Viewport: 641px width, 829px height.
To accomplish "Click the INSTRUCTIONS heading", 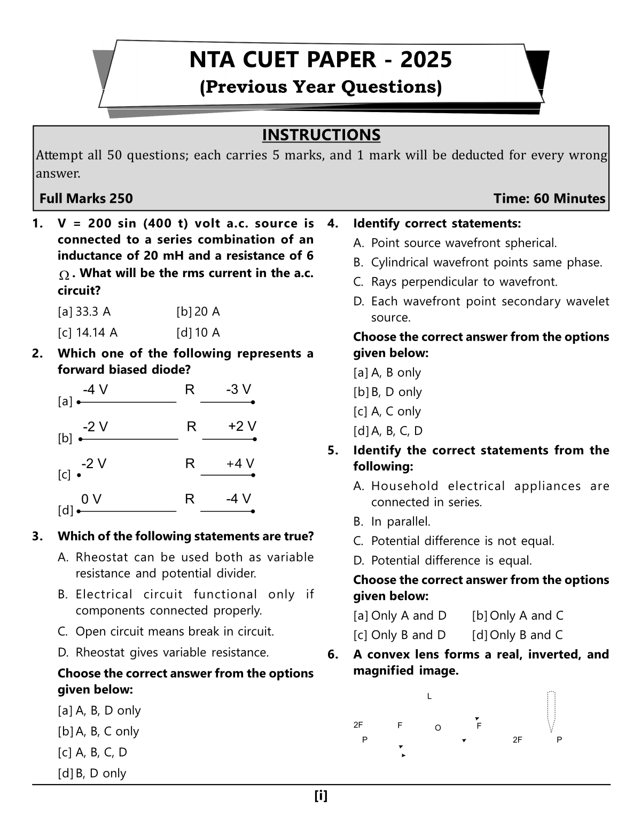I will click(321, 135).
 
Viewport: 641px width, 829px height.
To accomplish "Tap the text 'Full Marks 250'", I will click(86, 199).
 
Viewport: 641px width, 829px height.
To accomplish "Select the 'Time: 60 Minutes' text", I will click(549, 199).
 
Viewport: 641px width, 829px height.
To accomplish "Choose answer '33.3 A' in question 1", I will click(93, 312).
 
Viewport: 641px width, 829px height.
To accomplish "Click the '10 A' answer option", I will click(207, 333).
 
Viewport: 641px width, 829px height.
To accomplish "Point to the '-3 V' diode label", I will click(238, 390).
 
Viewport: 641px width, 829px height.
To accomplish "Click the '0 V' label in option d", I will click(91, 499).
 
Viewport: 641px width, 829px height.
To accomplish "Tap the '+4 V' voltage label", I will click(240, 463).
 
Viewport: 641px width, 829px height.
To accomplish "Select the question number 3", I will click(37, 536).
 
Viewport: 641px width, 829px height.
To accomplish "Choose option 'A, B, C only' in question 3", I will click(107, 731).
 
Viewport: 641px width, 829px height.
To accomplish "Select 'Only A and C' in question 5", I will click(526, 615).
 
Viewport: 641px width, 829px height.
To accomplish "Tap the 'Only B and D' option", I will click(408, 635).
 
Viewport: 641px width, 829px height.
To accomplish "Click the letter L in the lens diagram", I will click(429, 697).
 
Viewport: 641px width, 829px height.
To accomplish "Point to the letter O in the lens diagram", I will click(438, 728).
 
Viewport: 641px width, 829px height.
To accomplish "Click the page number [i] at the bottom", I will click(321, 796).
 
